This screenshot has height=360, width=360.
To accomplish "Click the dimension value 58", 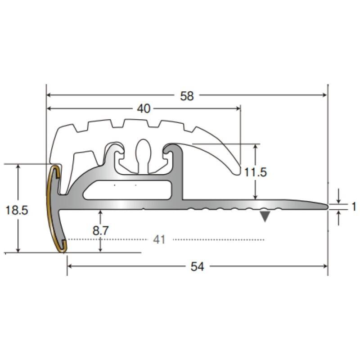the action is (x=187, y=96).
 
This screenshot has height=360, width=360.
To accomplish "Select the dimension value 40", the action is (x=144, y=108).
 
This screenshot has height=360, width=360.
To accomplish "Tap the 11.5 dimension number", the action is (x=255, y=172).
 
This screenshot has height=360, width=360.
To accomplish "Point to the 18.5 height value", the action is (x=17, y=210).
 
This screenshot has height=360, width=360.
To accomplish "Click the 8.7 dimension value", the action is (x=100, y=230).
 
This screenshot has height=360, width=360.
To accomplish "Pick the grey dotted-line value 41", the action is (x=159, y=240).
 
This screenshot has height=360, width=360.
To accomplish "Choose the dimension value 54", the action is (x=197, y=266).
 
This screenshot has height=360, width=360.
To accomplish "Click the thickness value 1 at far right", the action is (x=354, y=207).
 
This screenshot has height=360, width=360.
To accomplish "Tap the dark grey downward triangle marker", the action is (x=265, y=216).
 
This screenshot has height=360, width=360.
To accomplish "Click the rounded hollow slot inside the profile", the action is (x=128, y=190).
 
